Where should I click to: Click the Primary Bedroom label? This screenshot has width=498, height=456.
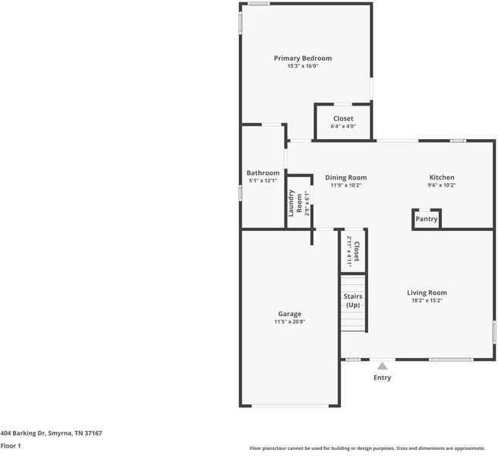click(x=303, y=59)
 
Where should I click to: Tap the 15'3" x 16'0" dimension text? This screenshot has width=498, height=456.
click(x=303, y=67)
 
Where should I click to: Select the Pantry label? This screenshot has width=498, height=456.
click(x=427, y=219)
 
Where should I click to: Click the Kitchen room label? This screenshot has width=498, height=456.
click(x=441, y=177)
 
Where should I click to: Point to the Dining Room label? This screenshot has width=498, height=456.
click(x=345, y=177)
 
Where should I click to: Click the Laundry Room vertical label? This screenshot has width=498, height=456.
click(x=295, y=203)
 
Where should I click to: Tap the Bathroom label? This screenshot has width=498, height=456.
click(x=263, y=173)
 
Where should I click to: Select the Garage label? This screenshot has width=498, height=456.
click(x=289, y=314)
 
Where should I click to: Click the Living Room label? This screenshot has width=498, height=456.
click(x=427, y=293)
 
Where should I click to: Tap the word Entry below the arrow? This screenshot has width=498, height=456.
click(x=383, y=378)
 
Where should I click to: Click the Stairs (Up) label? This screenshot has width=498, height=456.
click(x=353, y=300)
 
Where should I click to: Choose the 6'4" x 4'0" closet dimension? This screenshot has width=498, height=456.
click(x=343, y=126)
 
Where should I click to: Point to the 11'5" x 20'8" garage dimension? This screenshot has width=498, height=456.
click(x=289, y=322)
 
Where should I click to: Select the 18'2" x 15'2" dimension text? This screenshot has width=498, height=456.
click(x=427, y=301)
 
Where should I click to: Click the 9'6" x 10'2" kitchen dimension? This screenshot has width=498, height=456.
click(x=441, y=185)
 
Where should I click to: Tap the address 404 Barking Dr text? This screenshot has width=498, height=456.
click(x=51, y=433)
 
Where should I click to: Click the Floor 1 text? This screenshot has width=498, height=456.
click(x=11, y=445)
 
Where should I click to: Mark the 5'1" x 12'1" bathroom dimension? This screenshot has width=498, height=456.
click(x=263, y=181)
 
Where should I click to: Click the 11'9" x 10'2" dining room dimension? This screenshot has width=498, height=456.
click(x=345, y=185)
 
